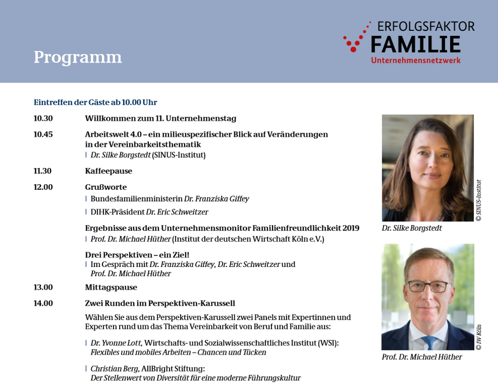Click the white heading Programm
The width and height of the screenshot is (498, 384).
pos(78,58)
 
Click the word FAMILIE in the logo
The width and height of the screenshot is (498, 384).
pos(416,44)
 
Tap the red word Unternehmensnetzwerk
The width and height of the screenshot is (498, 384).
pos(416,60)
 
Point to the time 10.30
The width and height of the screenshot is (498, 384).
pos(43,119)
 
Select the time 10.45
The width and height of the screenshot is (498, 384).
pos(43,134)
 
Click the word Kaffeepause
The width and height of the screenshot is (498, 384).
pos(109,171)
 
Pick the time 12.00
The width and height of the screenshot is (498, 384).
pos(43,187)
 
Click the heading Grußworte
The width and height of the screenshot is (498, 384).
pos(106,187)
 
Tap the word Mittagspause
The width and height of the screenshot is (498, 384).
pos(111,288)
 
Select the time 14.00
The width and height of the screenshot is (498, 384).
pos(43,303)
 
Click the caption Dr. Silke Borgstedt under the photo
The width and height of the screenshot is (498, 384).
pos(412,228)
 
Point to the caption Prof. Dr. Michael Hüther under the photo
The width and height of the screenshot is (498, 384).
pos(422,357)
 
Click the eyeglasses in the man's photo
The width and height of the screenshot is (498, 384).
pos(428,286)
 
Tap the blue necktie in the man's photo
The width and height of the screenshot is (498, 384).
pos(430,343)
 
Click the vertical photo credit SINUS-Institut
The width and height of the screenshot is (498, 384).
pos(479,200)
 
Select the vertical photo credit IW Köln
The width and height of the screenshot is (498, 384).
pos(479,338)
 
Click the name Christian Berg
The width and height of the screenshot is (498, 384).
pos(115,369)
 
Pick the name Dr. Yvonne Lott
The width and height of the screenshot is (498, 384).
pos(116,343)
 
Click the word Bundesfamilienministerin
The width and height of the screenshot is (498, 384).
pos(137,199)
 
